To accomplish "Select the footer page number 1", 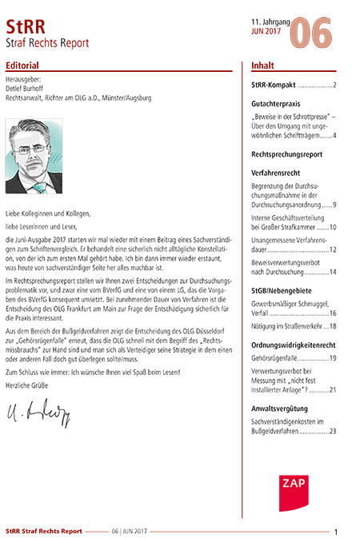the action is pos(336,532).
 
